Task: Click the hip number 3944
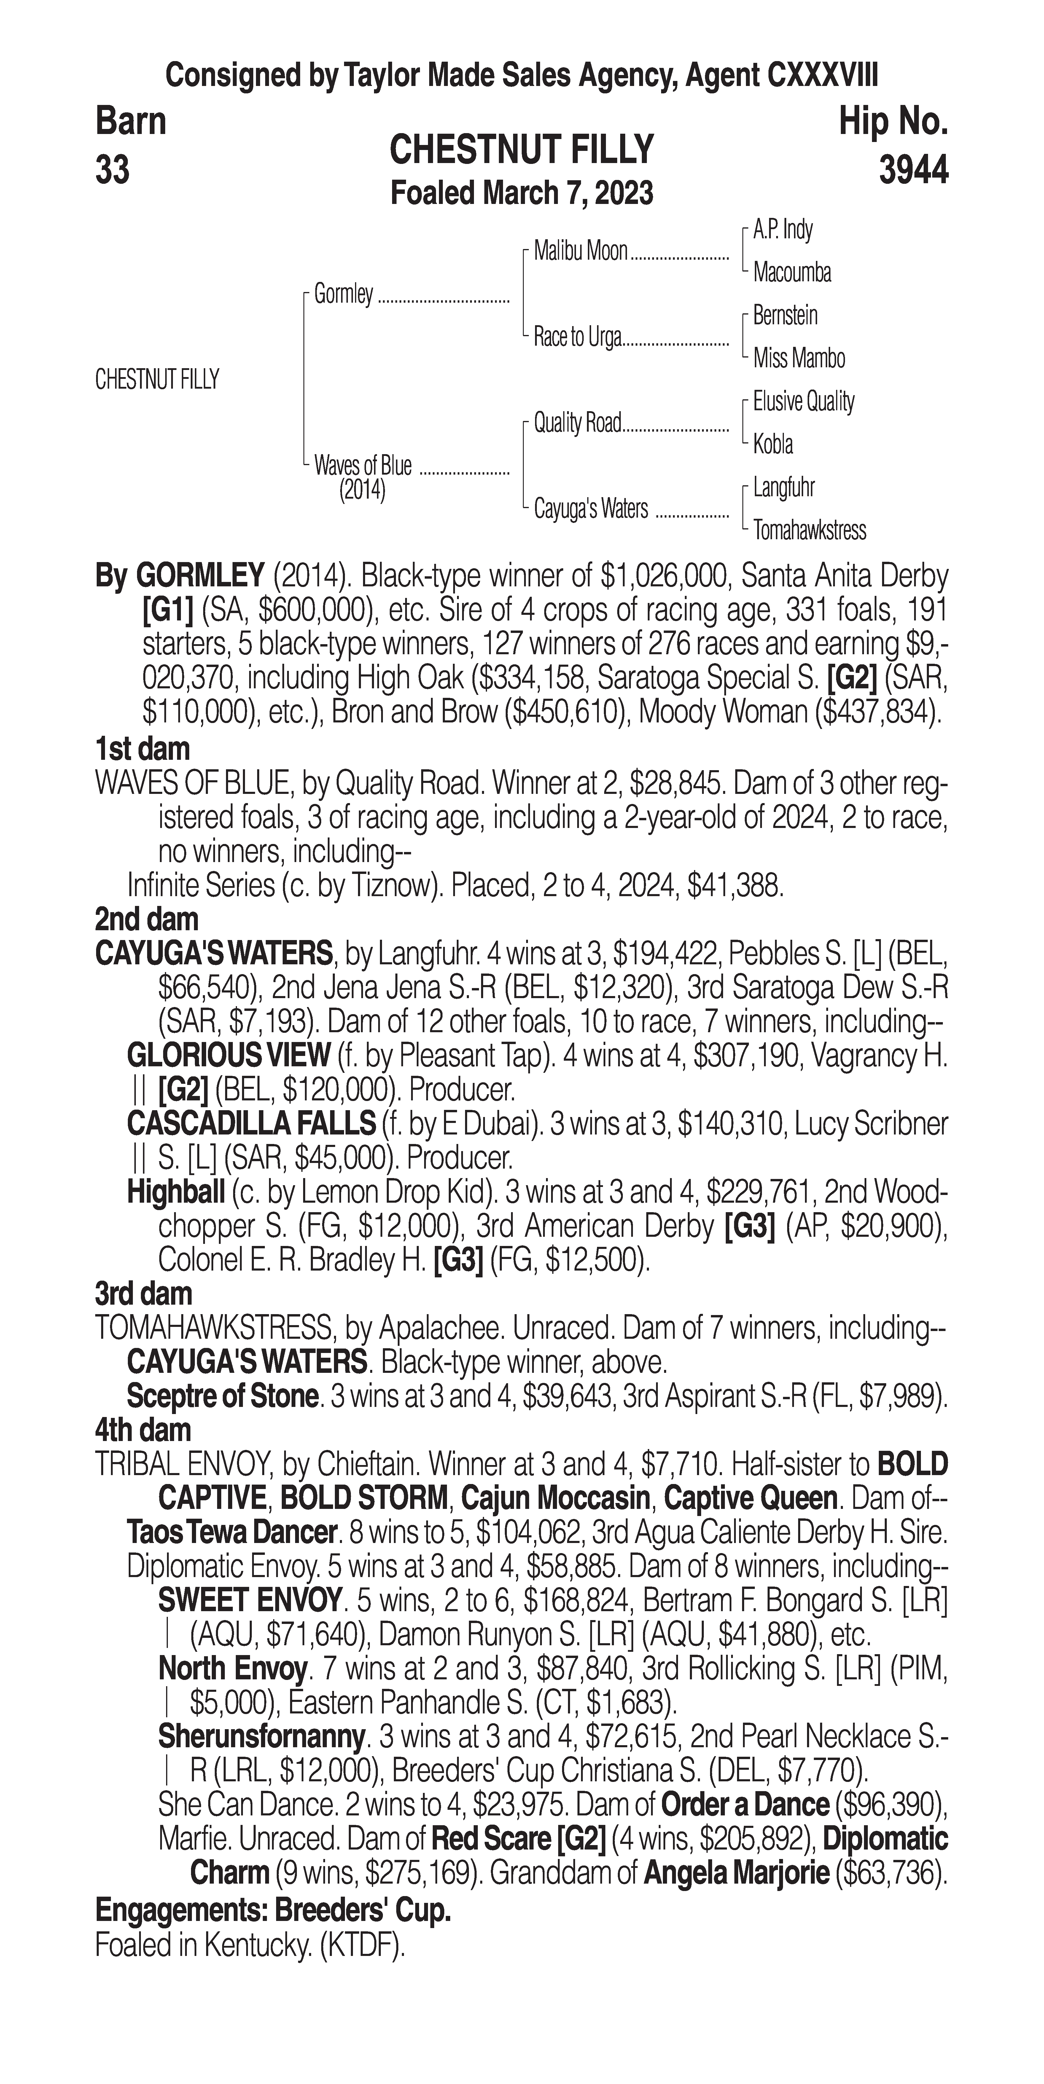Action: click(x=913, y=171)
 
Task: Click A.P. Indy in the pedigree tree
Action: click(x=783, y=230)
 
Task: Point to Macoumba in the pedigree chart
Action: click(x=792, y=273)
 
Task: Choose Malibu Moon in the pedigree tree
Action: click(x=580, y=252)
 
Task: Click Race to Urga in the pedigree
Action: click(x=577, y=337)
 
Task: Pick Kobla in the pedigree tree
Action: click(x=773, y=444)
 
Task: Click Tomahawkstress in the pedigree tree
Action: click(x=809, y=531)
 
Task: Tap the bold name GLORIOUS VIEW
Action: click(x=228, y=1055)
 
